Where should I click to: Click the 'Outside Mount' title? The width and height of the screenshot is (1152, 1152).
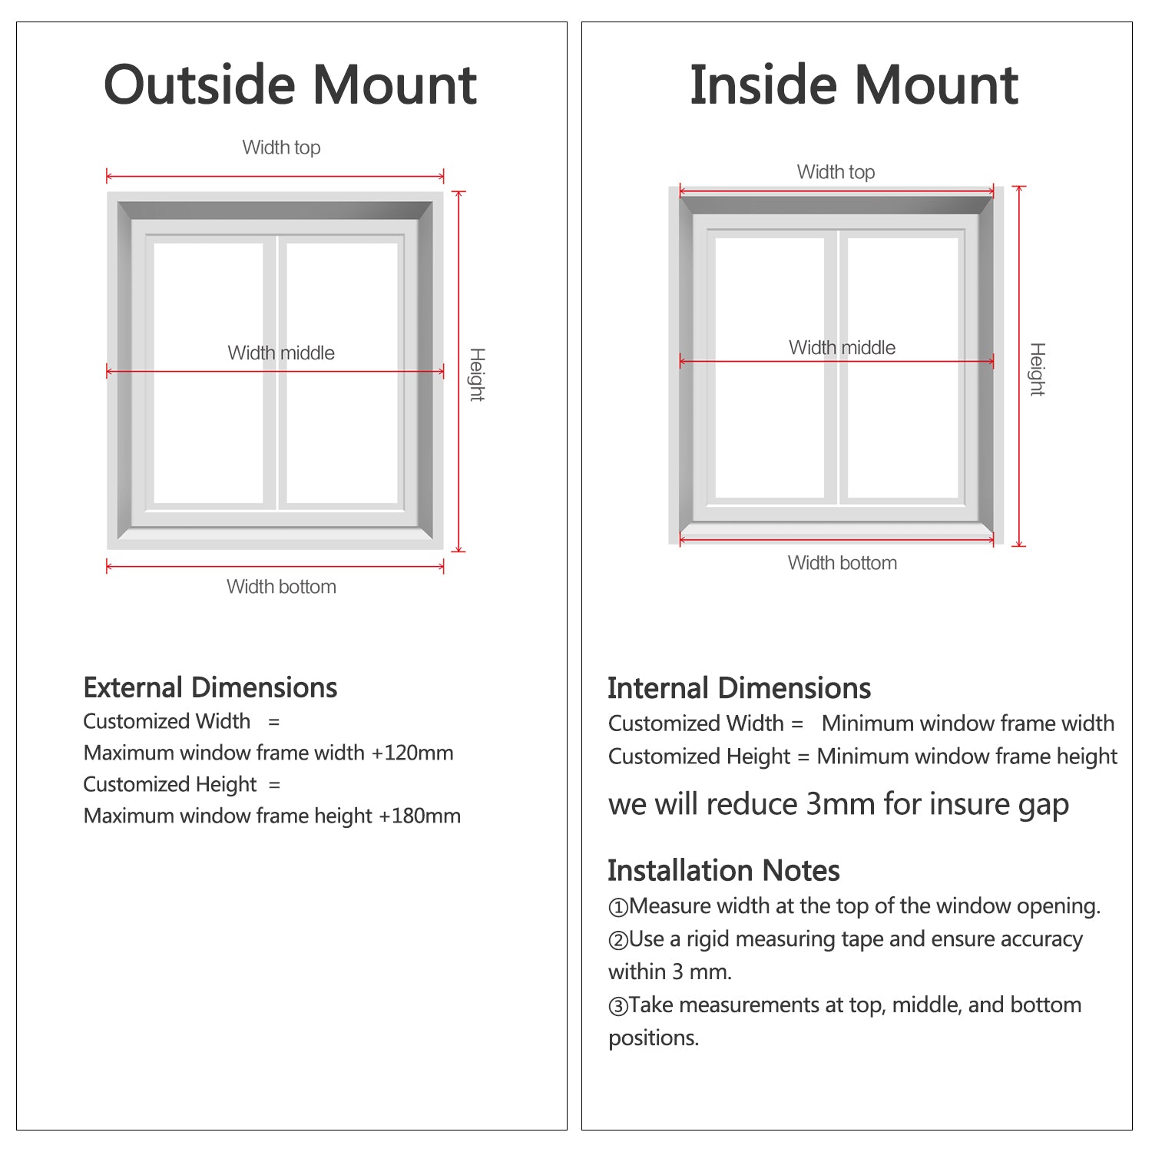(x=290, y=84)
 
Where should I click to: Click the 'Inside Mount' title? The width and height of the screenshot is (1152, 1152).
(x=854, y=84)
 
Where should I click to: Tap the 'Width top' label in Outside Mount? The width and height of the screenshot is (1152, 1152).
(x=281, y=147)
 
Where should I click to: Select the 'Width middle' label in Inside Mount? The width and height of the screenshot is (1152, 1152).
(x=842, y=347)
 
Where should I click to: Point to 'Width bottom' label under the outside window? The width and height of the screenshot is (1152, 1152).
(x=281, y=587)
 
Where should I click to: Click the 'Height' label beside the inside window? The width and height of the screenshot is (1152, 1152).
(x=1037, y=369)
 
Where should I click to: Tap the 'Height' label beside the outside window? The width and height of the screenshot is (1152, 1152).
(x=477, y=374)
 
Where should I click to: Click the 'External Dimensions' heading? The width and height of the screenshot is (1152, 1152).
(x=210, y=687)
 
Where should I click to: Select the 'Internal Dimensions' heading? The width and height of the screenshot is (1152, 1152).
(x=739, y=688)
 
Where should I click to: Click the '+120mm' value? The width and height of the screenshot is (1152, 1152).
(x=412, y=753)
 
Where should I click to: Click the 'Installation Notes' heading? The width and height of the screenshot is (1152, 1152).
(x=723, y=870)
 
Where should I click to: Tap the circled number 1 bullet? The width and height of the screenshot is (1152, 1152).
(x=617, y=908)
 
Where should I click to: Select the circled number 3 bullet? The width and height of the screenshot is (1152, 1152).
(x=617, y=1006)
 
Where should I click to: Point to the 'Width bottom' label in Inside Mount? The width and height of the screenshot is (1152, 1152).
(x=842, y=563)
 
